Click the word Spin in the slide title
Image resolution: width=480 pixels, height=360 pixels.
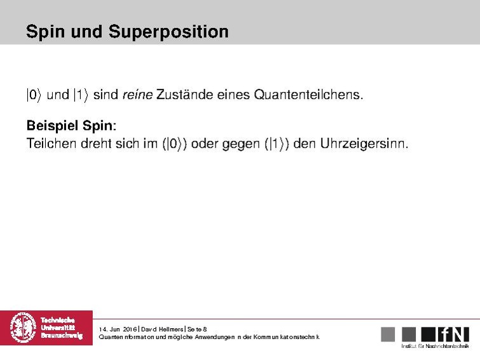(x=42, y=32)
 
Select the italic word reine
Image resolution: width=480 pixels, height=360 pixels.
(x=139, y=95)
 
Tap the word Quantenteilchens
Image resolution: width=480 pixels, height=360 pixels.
(x=308, y=95)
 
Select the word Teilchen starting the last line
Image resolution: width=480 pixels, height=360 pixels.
(x=51, y=144)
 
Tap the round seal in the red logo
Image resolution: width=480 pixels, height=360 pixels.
(x=24, y=328)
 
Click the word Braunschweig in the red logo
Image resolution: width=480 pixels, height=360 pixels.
(x=62, y=335)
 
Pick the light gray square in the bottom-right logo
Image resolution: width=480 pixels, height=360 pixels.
(x=388, y=334)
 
